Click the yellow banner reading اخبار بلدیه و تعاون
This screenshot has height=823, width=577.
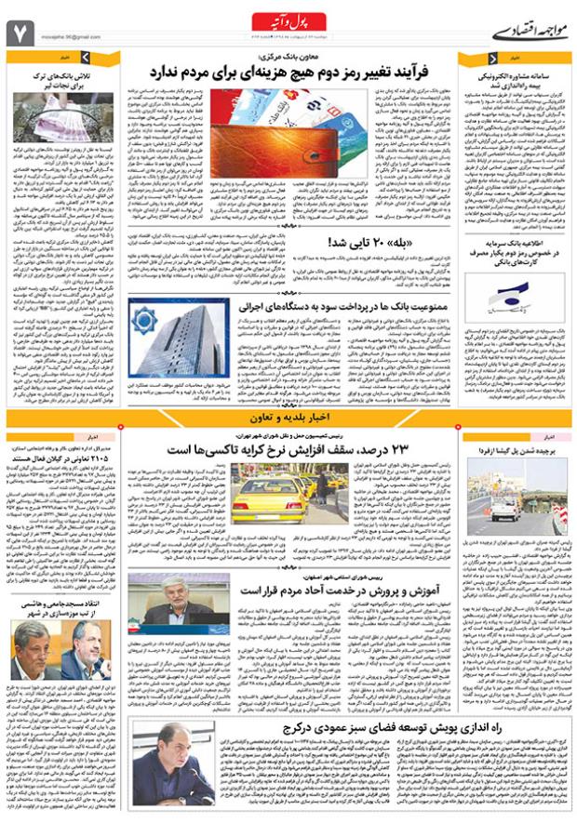(288, 418)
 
